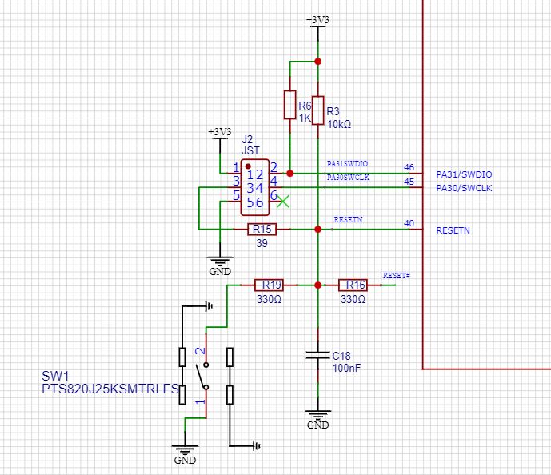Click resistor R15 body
[x=261, y=230]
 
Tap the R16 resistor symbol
[x=352, y=285]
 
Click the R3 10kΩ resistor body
[x=317, y=110]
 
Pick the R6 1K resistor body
[x=290, y=104]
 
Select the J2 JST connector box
[x=255, y=189]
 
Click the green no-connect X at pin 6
[x=282, y=202]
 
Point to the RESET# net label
[x=396, y=275]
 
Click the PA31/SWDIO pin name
[x=464, y=174]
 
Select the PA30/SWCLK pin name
[x=464, y=188]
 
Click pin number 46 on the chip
[x=409, y=168]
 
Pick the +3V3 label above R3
[x=317, y=19]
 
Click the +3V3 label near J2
[x=219, y=131]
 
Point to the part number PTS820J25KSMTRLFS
[x=109, y=389]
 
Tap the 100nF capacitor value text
[x=345, y=368]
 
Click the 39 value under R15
[x=261, y=244]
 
